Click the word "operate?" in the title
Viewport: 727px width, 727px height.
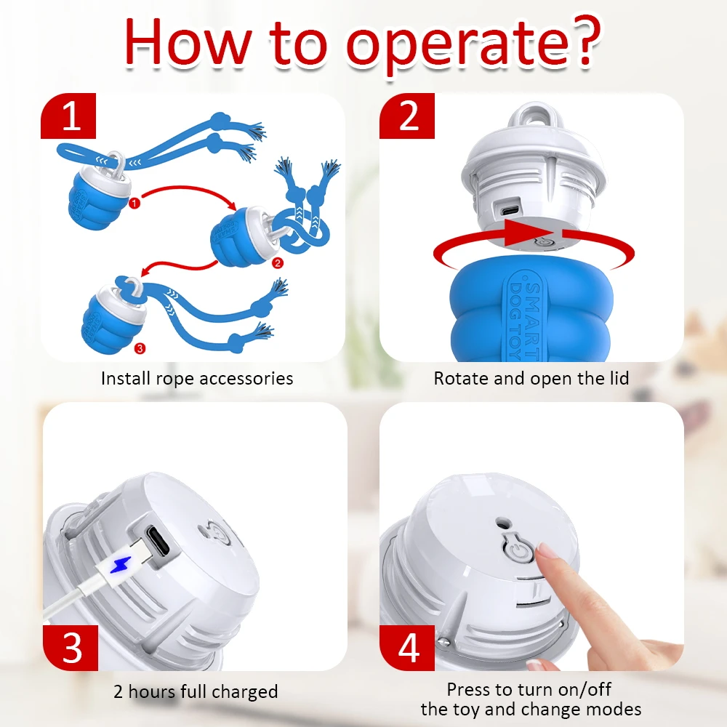click(473, 45)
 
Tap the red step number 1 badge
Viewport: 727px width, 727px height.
click(68, 116)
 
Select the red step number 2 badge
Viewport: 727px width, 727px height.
click(407, 116)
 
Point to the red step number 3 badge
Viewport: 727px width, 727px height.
click(71, 648)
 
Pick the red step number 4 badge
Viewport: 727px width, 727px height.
click(407, 648)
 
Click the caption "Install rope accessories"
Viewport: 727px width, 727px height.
click(197, 378)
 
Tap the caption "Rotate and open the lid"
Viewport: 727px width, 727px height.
click(531, 378)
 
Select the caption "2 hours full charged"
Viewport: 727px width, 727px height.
click(196, 691)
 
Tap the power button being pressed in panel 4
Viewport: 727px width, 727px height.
click(519, 551)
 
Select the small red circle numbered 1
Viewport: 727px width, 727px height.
click(134, 203)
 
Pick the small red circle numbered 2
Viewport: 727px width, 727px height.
click(277, 263)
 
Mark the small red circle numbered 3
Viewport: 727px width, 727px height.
click(140, 348)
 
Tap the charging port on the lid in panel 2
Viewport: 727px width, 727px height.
click(510, 210)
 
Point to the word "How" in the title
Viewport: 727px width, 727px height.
click(188, 43)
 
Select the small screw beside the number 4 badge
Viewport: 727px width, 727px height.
click(443, 642)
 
